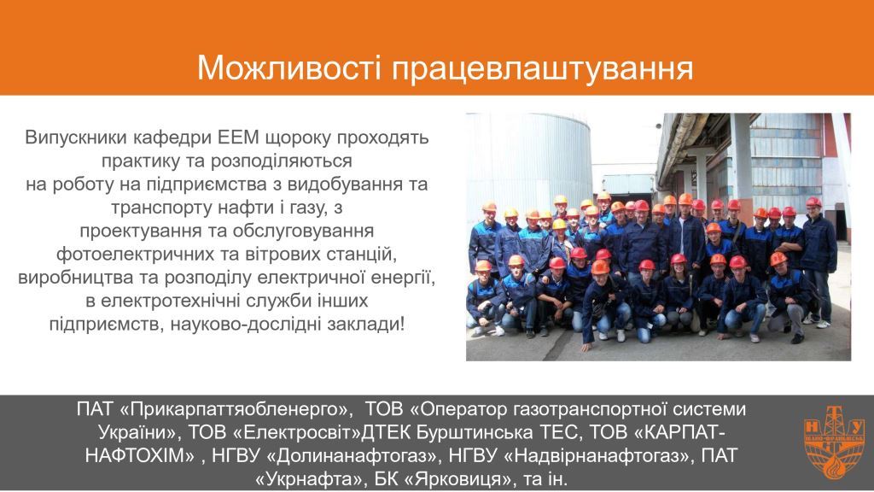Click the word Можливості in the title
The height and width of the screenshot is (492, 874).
click(288, 68)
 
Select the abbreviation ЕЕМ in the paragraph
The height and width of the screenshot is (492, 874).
click(239, 138)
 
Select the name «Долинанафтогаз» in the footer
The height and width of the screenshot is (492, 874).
click(353, 456)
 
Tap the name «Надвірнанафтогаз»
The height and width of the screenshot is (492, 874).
click(599, 456)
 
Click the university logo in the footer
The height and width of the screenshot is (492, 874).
click(834, 441)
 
